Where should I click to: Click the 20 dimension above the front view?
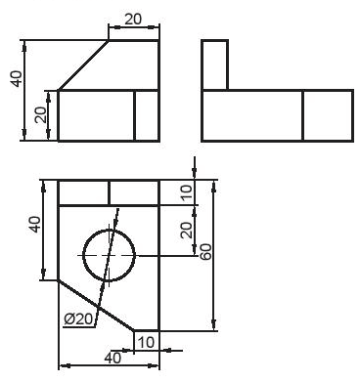point(134,19)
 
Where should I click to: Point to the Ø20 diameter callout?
point(77,318)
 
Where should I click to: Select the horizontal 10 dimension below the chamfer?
point(146,341)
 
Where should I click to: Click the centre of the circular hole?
point(109,255)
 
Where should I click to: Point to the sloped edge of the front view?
point(83,64)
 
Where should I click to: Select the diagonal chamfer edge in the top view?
point(96,305)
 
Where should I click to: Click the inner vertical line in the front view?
point(134,115)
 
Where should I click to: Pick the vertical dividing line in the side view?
point(302,115)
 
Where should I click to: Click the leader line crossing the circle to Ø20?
point(112,244)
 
